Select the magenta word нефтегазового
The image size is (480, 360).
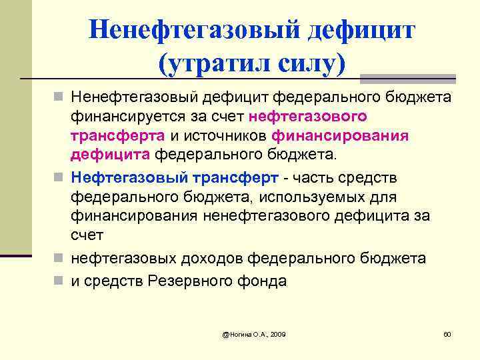(x=307, y=117)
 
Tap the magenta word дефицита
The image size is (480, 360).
(x=111, y=155)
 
